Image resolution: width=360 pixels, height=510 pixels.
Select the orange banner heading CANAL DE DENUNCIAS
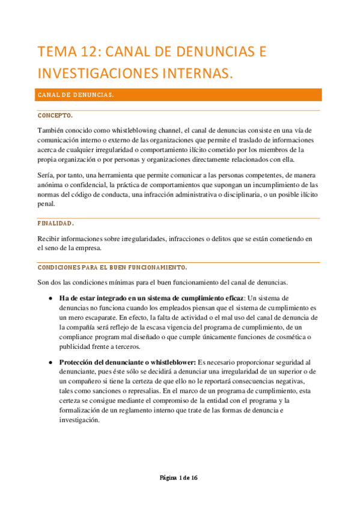click(x=76, y=95)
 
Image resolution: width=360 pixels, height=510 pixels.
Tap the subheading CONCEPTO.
click(x=56, y=115)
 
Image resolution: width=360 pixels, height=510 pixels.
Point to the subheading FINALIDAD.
click(x=56, y=223)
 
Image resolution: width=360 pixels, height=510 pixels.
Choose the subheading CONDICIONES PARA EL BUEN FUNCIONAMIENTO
click(x=112, y=267)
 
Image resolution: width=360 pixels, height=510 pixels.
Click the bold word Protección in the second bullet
click(x=78, y=362)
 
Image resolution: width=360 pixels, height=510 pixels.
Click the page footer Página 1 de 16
click(x=179, y=478)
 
